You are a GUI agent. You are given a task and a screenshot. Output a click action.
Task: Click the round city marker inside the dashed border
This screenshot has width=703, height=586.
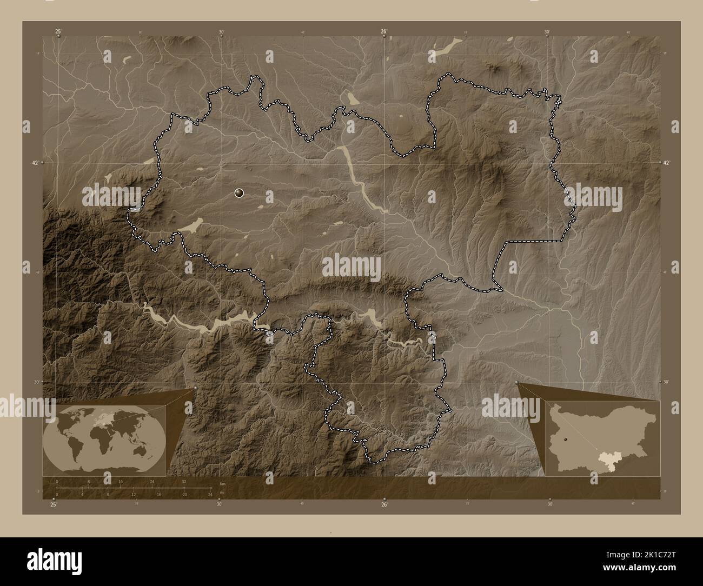pyautogui.click(x=240, y=193)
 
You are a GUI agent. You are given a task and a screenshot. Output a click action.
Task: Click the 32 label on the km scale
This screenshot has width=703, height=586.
pyautogui.click(x=184, y=481)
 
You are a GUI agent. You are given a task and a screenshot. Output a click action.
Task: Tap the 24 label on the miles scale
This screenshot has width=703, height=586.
pyautogui.click(x=210, y=495)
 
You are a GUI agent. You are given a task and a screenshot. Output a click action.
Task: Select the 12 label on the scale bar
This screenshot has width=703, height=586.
pyautogui.click(x=133, y=495)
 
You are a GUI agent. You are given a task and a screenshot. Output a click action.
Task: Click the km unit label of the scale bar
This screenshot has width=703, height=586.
pyautogui.click(x=222, y=483)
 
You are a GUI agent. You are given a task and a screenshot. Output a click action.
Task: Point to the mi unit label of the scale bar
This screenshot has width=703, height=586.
pyautogui.click(x=221, y=490)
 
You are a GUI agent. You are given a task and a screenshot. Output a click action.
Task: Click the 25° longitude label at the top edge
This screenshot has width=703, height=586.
pyautogui.click(x=58, y=32)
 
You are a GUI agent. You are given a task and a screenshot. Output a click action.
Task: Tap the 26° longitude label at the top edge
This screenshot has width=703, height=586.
pyautogui.click(x=383, y=32)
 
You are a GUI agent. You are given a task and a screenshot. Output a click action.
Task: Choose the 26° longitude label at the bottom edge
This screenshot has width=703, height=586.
pyautogui.click(x=383, y=505)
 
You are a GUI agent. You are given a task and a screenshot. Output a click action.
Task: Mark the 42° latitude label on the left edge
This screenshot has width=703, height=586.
pyautogui.click(x=35, y=162)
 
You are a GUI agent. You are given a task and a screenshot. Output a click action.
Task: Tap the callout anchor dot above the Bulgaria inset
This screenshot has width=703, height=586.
pyautogui.click(x=517, y=383)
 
